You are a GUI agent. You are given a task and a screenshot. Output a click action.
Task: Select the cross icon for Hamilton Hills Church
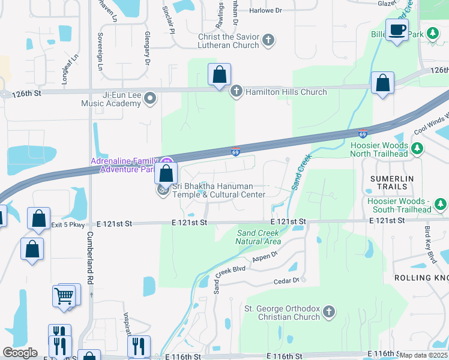(236, 91)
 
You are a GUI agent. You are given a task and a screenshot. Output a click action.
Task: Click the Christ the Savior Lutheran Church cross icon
(268, 41)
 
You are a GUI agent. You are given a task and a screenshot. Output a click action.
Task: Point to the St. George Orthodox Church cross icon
(328, 313)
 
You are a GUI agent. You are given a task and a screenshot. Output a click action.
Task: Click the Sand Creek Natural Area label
(258, 237)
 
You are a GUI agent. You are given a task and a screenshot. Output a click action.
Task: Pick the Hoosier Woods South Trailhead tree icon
(441, 205)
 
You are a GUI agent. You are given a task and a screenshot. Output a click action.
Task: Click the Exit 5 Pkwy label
(68, 225)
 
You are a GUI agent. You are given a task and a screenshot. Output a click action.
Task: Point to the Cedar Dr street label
(286, 281)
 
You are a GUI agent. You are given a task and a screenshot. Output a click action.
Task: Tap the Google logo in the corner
(19, 352)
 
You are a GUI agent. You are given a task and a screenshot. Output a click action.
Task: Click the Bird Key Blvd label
(430, 244)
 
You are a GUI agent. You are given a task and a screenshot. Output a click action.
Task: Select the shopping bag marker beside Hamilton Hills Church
(220, 76)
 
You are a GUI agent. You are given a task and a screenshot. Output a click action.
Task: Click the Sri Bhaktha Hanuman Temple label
(219, 190)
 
